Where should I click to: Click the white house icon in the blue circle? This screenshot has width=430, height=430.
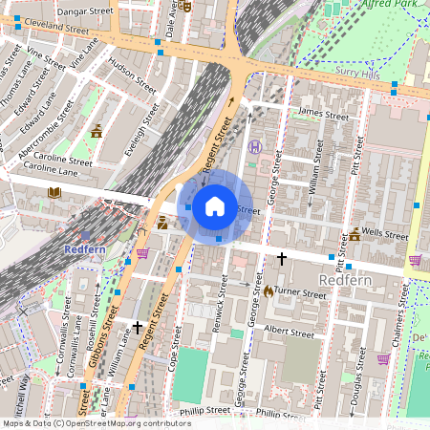coord(215,206)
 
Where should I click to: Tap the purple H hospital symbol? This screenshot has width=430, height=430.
coord(255,147)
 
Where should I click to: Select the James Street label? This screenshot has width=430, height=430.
coord(323,115)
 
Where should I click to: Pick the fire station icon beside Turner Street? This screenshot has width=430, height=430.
coord(269,290)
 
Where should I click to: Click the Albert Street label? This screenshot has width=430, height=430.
coord(289,333)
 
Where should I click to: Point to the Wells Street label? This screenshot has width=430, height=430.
coord(390,231)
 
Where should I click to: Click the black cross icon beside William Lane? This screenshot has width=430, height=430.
coord(138,327)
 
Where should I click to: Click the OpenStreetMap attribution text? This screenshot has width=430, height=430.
coord(96,422)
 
